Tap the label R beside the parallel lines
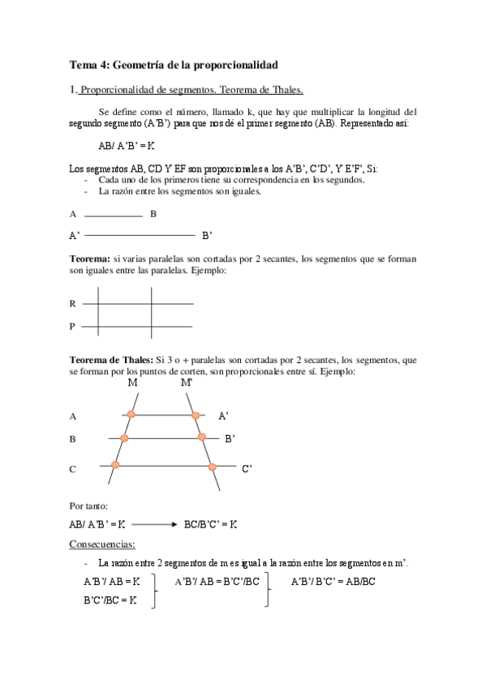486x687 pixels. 72,304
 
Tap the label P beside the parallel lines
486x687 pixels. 72,326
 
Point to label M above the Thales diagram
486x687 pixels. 132,382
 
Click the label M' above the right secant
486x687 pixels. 187,382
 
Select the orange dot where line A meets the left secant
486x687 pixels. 129,416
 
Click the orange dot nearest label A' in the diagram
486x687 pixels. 196,416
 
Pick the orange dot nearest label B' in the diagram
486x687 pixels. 203,438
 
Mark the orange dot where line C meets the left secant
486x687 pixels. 115,465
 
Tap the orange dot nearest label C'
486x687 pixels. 212,467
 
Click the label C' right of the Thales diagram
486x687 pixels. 247,468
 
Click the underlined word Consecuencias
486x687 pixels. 102,544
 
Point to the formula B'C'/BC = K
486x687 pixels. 110,600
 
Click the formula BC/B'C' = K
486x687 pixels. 211,525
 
